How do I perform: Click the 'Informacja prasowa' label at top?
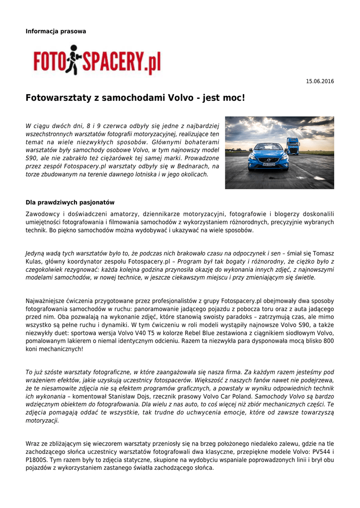[x=56, y=31]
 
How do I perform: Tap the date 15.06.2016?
[x=319, y=81]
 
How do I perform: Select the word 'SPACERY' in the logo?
[x=113, y=63]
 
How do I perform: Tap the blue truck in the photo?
[x=293, y=146]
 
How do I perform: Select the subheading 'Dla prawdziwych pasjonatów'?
[x=70, y=202]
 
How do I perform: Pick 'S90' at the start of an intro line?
[x=31, y=158]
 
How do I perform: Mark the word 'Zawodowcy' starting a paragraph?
[x=43, y=213]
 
